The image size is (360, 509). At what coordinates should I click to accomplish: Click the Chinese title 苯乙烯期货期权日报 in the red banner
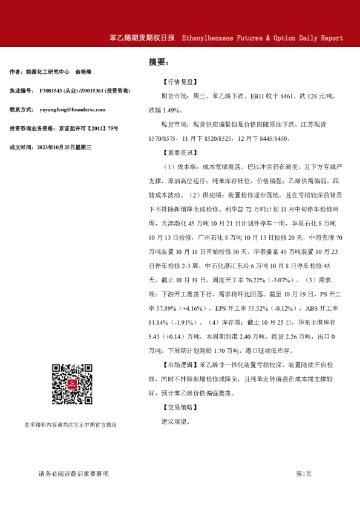[142, 37]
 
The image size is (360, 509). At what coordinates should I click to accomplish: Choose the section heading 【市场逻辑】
[179, 365]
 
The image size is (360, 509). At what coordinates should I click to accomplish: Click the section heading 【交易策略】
[179, 407]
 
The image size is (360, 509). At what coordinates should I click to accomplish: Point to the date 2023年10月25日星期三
[64, 147]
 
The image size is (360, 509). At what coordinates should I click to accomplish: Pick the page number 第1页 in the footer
[304, 473]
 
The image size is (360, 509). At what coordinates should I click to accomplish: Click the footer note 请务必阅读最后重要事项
[73, 473]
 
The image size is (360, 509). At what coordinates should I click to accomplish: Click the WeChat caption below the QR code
[71, 424]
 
